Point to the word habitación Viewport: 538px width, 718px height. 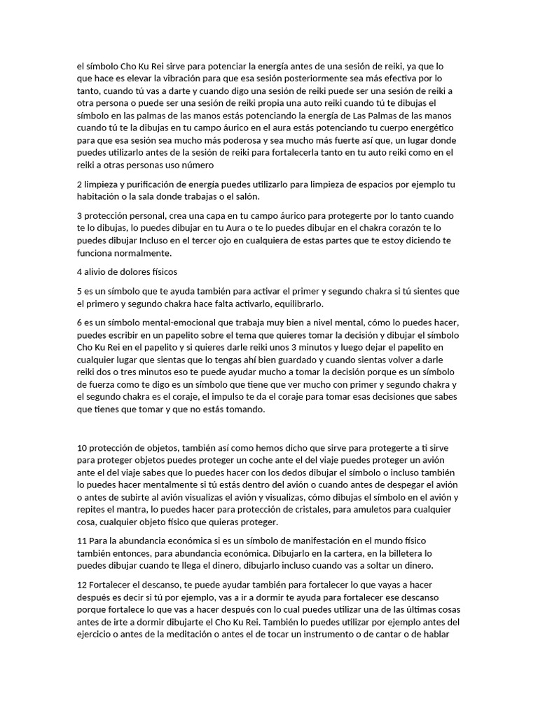click(102, 196)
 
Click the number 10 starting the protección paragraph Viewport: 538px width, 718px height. click(82, 448)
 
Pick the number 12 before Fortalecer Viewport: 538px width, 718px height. click(82, 584)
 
